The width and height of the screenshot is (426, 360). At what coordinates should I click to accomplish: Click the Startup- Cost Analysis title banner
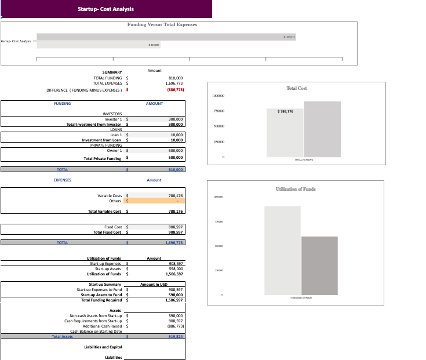[105, 9]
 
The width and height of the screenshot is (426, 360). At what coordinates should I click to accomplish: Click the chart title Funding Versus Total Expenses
[162, 24]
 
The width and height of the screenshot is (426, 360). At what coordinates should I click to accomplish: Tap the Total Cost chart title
[297, 88]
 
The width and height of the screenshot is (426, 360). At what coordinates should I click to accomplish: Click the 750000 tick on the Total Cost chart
[217, 110]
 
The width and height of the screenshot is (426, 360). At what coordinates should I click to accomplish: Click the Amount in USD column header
[154, 284]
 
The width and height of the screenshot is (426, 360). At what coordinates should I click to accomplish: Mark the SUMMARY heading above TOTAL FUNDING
[112, 72]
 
